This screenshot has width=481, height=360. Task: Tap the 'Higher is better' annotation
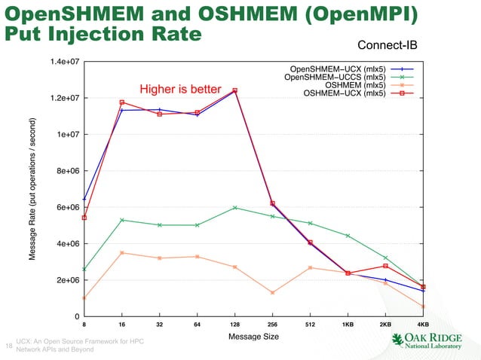coord(179,90)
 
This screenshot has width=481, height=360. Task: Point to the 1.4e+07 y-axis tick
coord(63,61)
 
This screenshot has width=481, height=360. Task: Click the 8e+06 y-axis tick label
coord(65,171)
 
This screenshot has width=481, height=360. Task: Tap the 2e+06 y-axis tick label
coord(65,280)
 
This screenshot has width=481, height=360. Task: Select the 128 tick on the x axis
coord(234,325)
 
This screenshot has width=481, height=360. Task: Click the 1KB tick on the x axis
coord(348,325)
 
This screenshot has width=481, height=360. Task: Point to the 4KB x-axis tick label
coord(423,325)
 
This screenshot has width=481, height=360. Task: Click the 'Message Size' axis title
coord(253,336)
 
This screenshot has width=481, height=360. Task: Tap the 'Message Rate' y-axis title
coord(34,189)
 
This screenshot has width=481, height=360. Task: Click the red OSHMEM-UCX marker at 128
coord(234,90)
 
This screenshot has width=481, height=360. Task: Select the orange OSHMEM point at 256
coord(272,293)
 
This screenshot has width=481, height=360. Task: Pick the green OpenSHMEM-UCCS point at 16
coord(121,220)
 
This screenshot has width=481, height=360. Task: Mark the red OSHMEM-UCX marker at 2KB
coord(385,266)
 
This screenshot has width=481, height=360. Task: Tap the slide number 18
coord(8,346)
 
